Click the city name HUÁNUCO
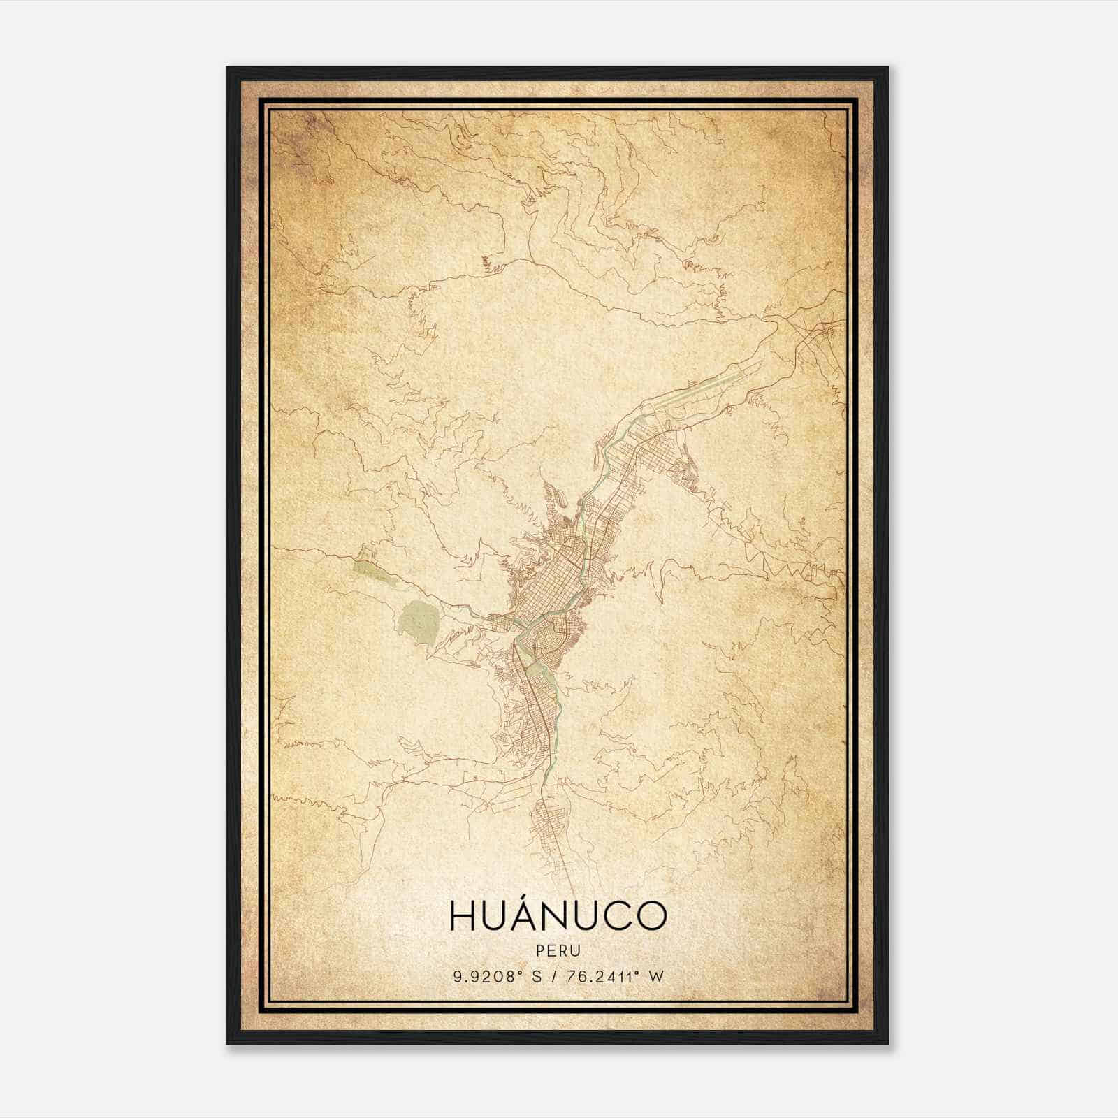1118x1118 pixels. [x=558, y=916]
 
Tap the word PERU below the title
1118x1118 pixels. [x=558, y=951]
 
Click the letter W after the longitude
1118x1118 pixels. [x=655, y=976]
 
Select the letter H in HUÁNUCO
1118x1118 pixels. [x=463, y=916]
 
